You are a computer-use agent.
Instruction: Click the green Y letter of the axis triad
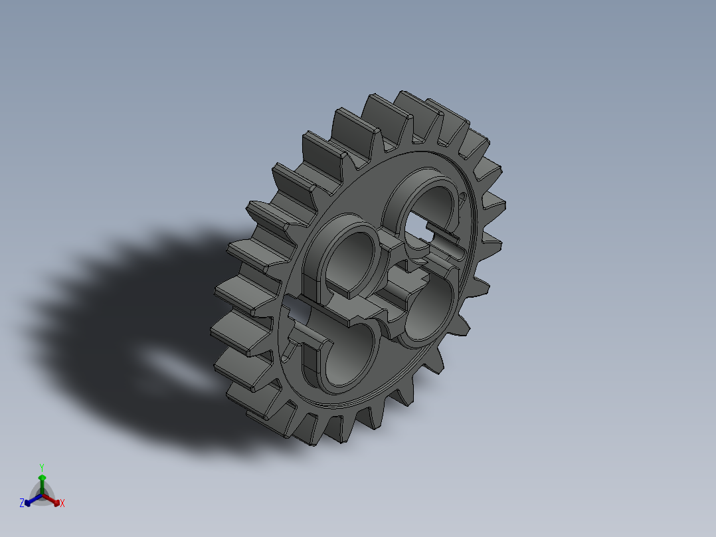pos(41,467)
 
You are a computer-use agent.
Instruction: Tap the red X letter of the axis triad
pos(62,504)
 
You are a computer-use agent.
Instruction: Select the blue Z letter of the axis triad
pos(22,503)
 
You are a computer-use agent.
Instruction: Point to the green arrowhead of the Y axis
pos(42,478)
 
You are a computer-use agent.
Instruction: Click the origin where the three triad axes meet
pos(42,495)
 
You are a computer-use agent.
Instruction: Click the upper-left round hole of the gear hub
pos(351,259)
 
